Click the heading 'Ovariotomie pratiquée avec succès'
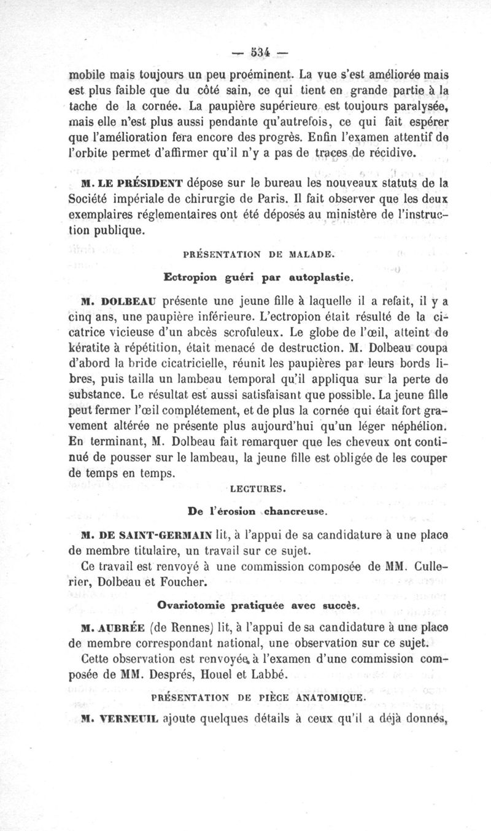click(x=258, y=605)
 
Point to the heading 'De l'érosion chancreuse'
click(x=258, y=510)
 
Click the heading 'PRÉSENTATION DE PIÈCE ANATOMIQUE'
click(x=258, y=698)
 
